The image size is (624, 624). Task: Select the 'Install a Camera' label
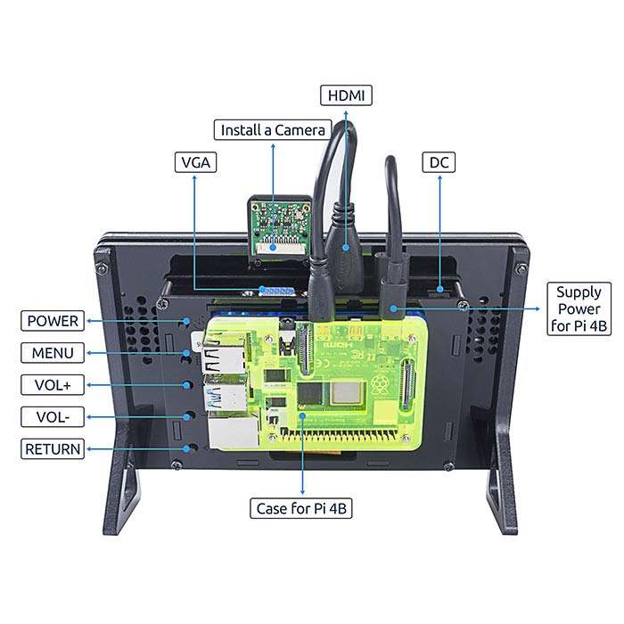[273, 130]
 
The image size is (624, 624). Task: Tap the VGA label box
[196, 162]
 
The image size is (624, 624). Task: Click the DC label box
[439, 162]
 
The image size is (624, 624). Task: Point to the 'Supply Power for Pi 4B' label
[579, 308]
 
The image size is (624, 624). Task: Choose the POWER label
[53, 321]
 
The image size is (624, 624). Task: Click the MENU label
[53, 353]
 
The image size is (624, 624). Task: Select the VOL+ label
[53, 385]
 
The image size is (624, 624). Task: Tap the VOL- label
[53, 417]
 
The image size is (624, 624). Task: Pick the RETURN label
[53, 449]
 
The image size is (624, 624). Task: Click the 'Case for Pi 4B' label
[301, 509]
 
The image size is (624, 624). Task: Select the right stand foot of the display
[501, 495]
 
